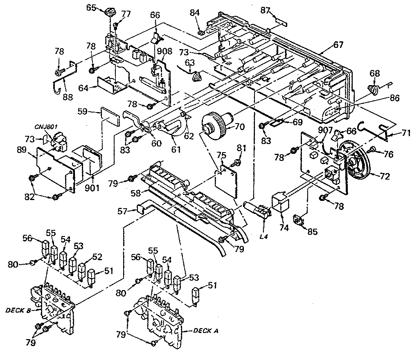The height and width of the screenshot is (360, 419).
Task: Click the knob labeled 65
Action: tap(110, 11)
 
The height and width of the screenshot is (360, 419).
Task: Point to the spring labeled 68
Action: tap(373, 89)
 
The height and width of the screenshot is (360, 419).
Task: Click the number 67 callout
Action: tap(338, 45)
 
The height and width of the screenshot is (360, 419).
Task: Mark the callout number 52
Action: tap(97, 257)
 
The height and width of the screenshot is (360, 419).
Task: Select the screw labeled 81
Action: tap(238, 164)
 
